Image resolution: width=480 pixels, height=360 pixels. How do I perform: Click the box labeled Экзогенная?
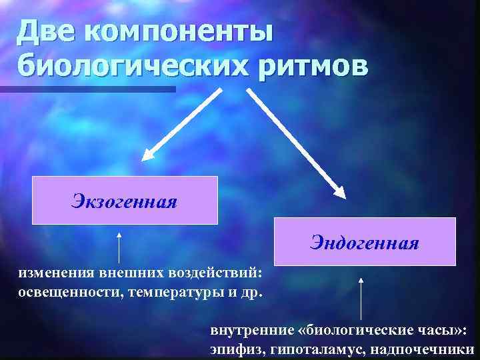point(125,200)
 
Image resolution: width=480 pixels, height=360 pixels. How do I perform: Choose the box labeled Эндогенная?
point(364,241)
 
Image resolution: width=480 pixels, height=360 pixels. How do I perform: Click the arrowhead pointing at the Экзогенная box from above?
point(149,154)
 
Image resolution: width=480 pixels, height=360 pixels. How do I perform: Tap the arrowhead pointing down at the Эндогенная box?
point(339,191)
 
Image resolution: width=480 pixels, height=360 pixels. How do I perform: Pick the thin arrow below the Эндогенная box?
point(361,300)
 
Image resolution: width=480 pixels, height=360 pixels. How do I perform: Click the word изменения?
point(56,273)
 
